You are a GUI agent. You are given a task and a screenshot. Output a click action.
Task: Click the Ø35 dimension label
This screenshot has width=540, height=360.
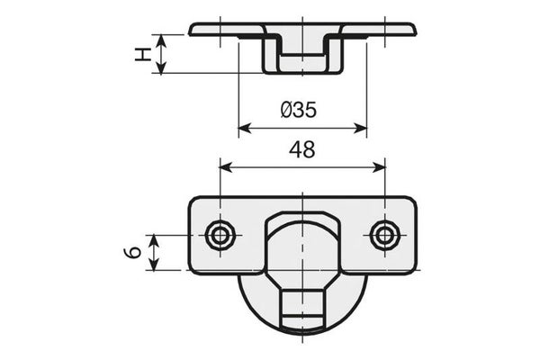[298, 110]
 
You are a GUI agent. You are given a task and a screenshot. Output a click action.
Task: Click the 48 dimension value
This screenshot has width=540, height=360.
[302, 150]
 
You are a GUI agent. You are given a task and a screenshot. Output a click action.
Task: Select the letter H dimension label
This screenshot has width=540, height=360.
[143, 54]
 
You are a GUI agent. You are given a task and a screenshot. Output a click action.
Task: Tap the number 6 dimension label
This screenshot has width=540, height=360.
[132, 253]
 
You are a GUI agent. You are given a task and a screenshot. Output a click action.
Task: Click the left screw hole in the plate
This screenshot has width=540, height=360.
[220, 236]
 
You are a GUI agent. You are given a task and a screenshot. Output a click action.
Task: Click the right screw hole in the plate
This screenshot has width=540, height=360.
[385, 236]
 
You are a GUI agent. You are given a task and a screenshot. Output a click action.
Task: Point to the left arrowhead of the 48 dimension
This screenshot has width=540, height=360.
[225, 168]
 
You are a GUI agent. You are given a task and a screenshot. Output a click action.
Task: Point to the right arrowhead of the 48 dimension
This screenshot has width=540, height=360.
[380, 168]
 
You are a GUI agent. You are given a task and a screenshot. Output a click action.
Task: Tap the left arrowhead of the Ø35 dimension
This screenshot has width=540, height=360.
[244, 129]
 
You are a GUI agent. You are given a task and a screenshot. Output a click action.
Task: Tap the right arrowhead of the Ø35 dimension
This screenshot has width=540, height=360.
[361, 129]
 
